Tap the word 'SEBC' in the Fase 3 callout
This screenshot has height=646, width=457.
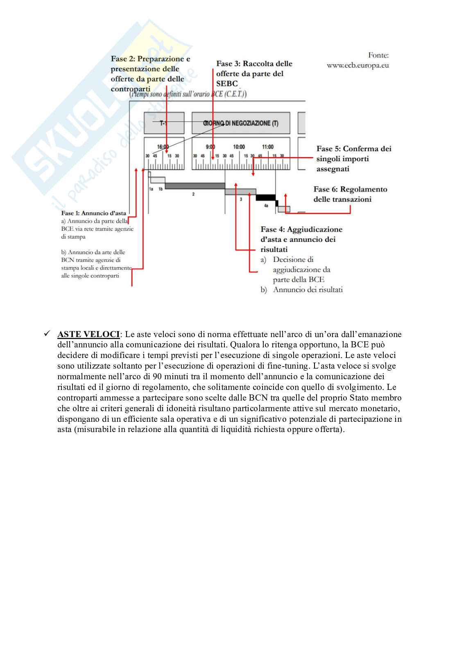(x=227, y=83)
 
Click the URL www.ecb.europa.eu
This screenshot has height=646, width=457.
(x=357, y=65)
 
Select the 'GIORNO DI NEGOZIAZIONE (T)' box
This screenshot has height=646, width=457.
(x=241, y=123)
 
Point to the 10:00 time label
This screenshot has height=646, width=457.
(x=239, y=147)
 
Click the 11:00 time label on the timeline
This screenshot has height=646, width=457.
(x=268, y=147)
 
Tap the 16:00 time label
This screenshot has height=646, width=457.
(x=163, y=147)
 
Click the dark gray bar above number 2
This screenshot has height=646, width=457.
(x=195, y=186)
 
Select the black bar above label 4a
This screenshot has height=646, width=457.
(x=265, y=198)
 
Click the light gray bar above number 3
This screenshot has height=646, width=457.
(x=240, y=192)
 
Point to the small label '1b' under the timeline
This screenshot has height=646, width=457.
(x=161, y=189)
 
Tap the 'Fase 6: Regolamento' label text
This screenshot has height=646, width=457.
(x=350, y=189)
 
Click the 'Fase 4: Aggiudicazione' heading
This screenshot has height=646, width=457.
(x=301, y=229)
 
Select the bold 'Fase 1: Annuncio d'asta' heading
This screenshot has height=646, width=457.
(x=93, y=213)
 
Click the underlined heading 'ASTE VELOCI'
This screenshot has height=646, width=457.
(x=88, y=334)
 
